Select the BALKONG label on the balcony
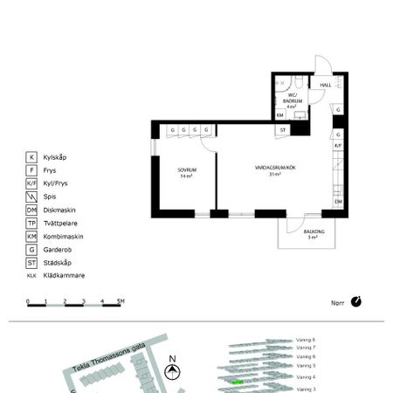pos(313,234)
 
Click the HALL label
pos(326,85)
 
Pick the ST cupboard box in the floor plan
pos(283,130)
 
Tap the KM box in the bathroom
pos(280,114)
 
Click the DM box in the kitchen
pos(338,203)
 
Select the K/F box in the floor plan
pos(338,146)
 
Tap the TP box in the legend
pos(32,223)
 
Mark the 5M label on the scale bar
pos(121,301)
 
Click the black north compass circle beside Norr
pos(355,302)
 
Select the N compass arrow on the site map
pos(173,370)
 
